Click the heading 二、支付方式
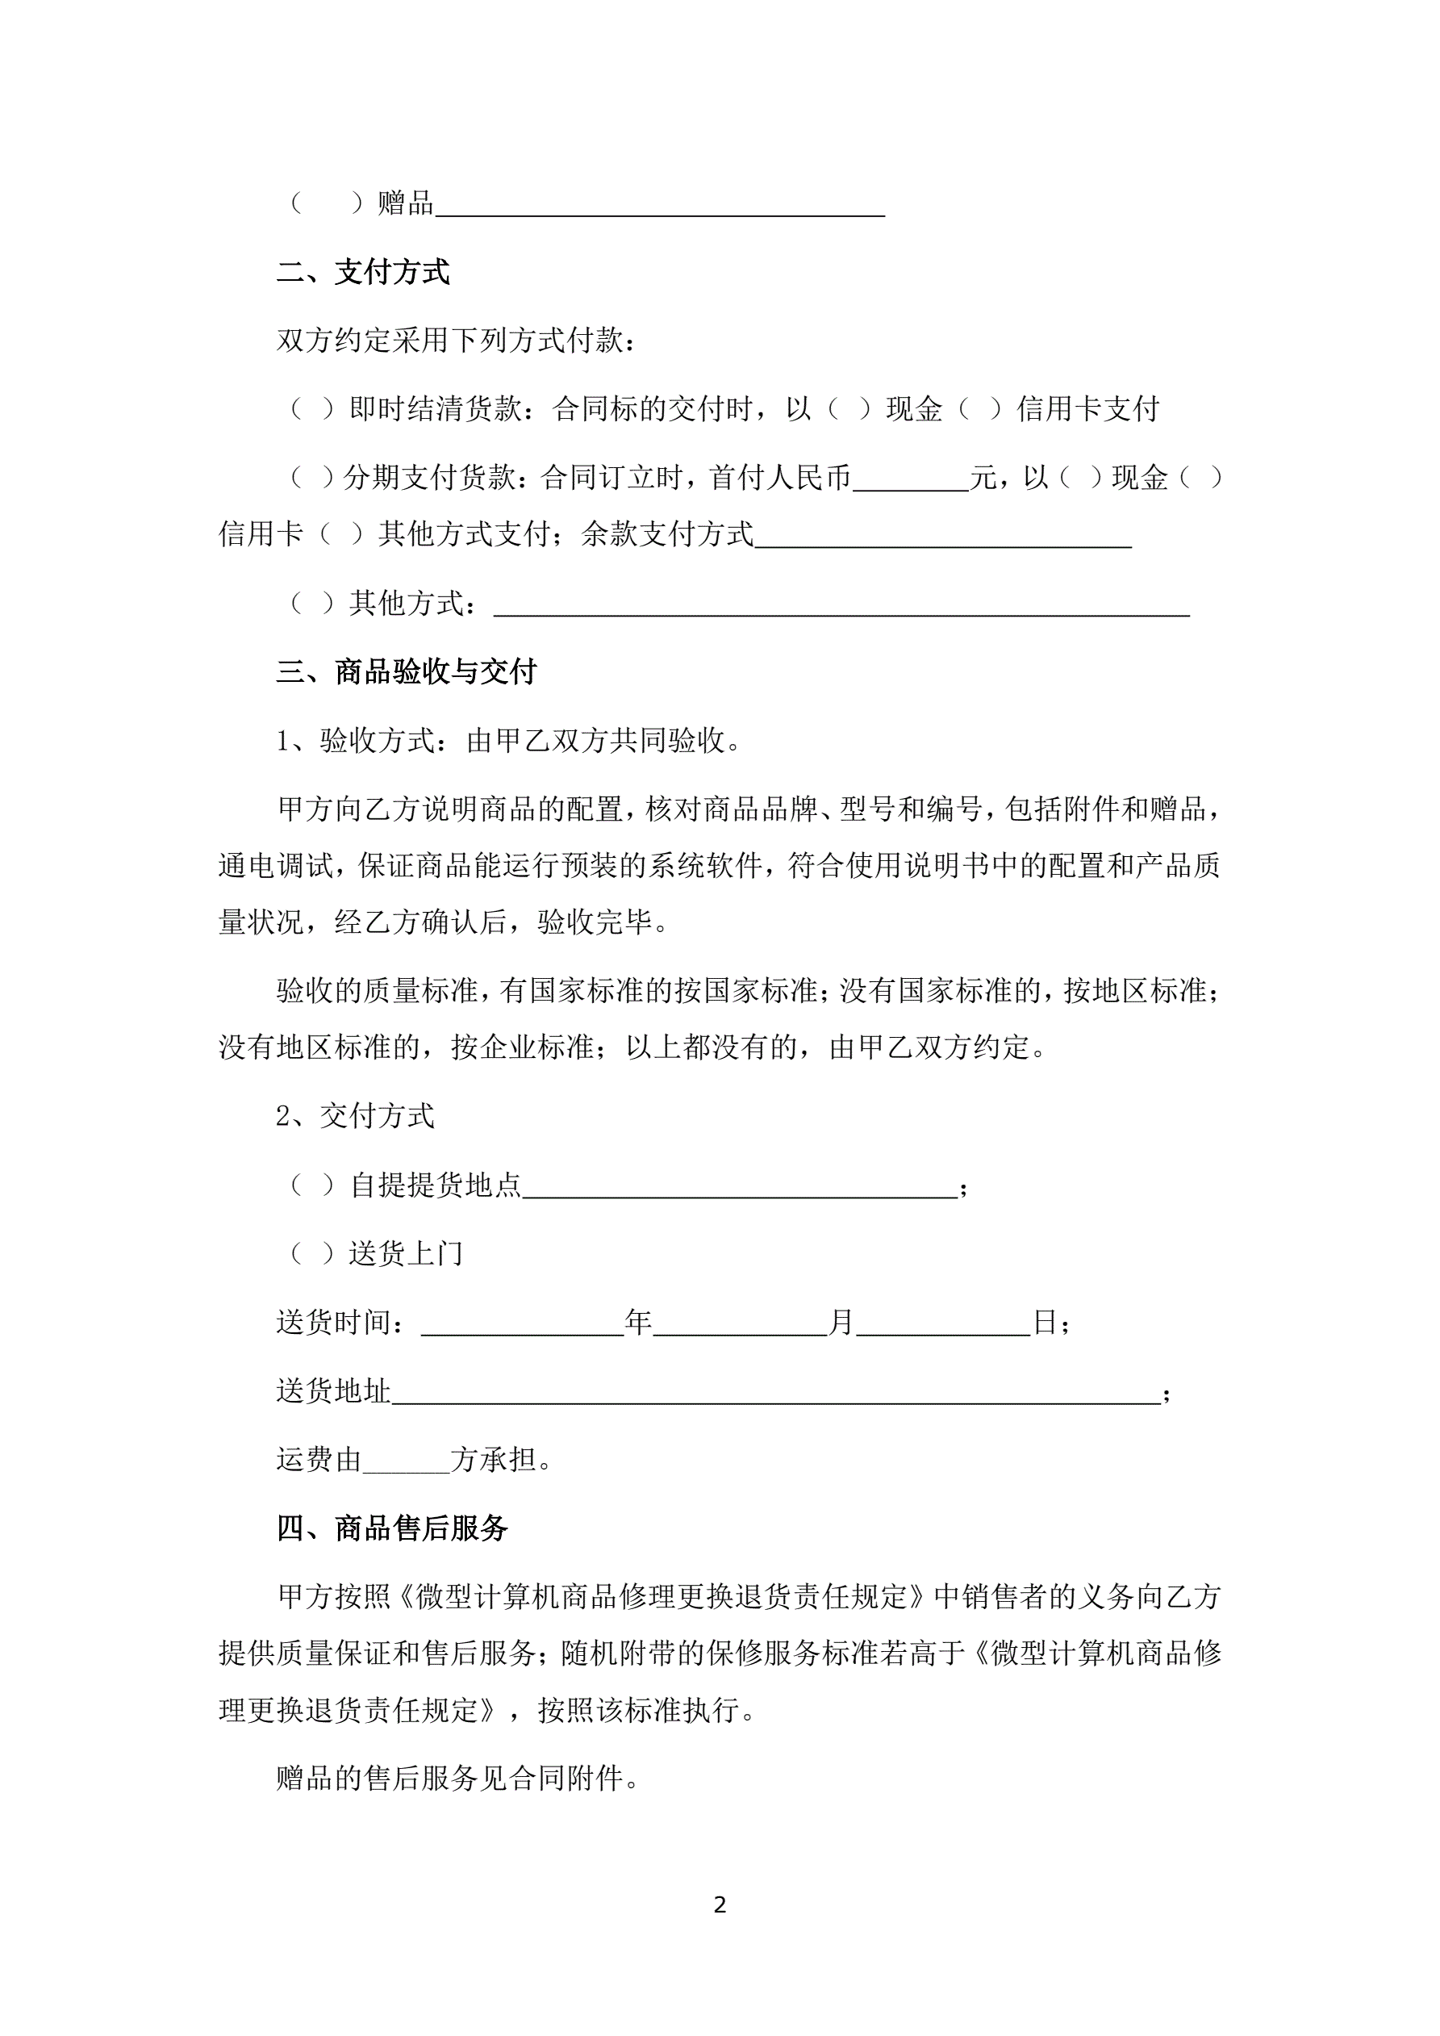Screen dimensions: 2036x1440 point(363,272)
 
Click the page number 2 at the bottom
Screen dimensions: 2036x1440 point(719,1904)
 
